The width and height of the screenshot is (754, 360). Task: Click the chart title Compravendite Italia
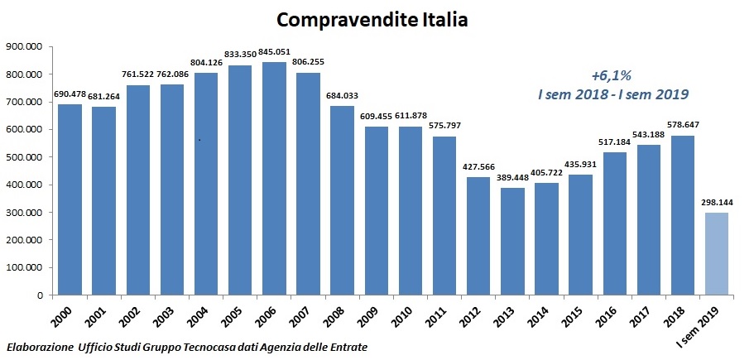coord(372,19)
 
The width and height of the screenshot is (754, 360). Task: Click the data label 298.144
coord(717,202)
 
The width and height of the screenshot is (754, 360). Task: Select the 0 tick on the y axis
coord(39,295)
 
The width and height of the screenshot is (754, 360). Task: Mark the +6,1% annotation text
coord(612,74)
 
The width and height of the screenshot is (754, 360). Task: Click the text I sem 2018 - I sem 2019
coord(612,94)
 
